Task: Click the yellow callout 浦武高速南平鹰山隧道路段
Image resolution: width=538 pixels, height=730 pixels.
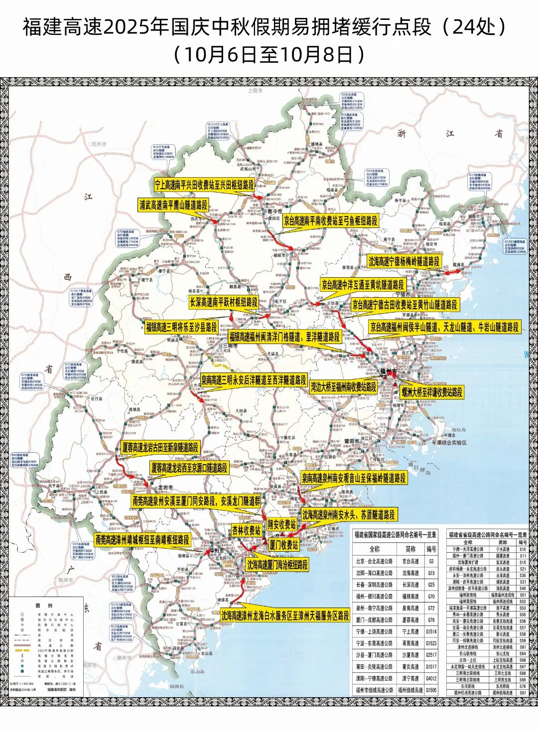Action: pos(173,205)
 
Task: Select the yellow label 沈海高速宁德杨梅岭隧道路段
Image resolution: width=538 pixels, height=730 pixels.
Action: pos(404,261)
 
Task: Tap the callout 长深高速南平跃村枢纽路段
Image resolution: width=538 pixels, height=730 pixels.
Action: pos(224,302)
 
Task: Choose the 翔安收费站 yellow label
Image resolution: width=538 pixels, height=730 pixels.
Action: pos(281,524)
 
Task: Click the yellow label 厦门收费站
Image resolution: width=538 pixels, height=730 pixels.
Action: pos(284,545)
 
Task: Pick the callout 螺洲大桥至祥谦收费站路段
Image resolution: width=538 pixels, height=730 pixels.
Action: pos(432,392)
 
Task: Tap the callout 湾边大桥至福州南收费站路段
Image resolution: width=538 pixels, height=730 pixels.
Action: pos(344,386)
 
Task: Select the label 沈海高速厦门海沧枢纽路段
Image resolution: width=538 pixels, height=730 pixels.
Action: pos(277,565)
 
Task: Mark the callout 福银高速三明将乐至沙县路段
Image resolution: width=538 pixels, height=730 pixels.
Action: pos(181,327)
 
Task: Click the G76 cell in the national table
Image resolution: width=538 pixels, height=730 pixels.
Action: pos(431,620)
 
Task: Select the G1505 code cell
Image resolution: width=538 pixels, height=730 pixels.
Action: pos(431,690)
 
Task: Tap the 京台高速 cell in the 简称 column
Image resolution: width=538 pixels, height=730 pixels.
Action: pos(411,561)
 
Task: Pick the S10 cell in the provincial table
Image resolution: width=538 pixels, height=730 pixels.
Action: pos(523,549)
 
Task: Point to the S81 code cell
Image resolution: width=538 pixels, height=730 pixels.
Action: pos(523,693)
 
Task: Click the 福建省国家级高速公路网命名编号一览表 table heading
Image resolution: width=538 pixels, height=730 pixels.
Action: pos(395,535)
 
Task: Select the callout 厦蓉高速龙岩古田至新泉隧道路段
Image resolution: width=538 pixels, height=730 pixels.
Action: pos(160,447)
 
